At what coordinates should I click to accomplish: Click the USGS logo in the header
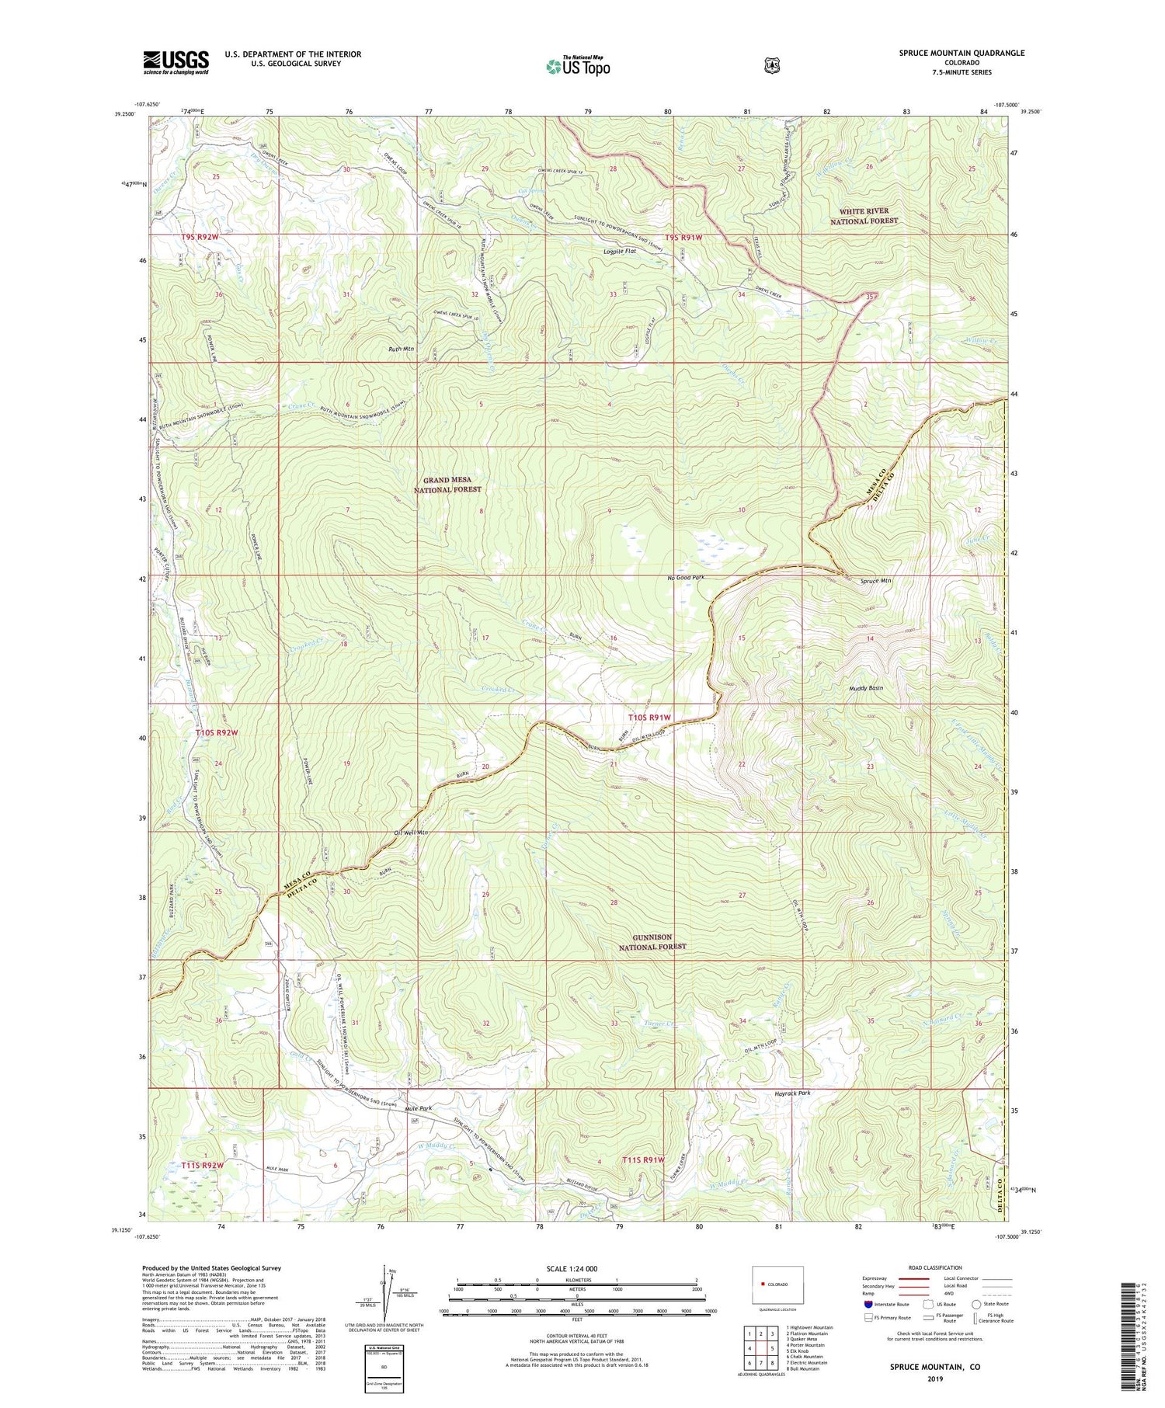click(176, 62)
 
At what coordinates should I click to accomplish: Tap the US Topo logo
click(578, 66)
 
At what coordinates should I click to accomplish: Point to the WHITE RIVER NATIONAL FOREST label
click(864, 216)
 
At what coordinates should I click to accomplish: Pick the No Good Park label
click(685, 578)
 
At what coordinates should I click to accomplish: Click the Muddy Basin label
click(865, 687)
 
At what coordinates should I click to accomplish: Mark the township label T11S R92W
click(203, 1165)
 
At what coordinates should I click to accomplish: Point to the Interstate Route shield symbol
click(868, 1304)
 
